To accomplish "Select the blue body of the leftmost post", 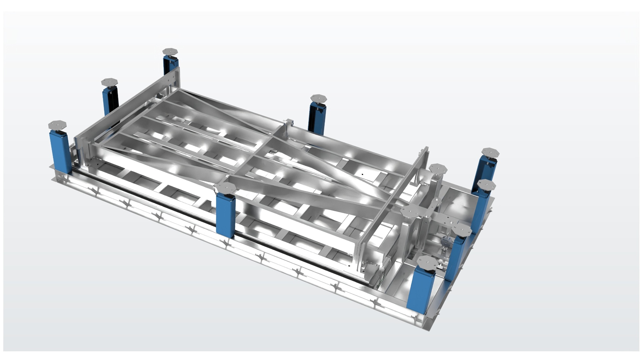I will [59, 150].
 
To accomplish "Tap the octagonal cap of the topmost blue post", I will [170, 52].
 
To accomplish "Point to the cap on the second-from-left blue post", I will [109, 82].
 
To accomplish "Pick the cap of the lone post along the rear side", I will [318, 98].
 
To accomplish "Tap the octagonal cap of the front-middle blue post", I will [225, 187].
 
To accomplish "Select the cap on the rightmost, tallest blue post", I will [490, 152].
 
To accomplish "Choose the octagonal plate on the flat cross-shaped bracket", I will [410, 211].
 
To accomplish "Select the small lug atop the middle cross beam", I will [289, 122].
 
